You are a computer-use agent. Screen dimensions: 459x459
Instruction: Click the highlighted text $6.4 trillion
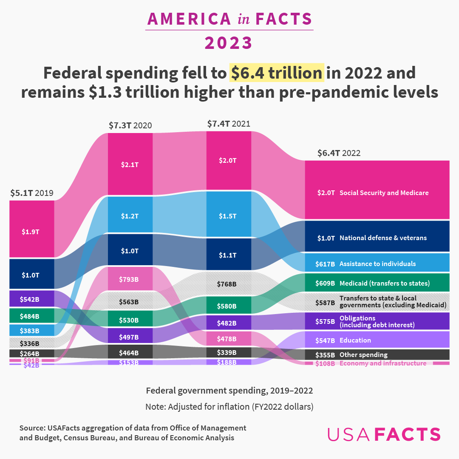coord(277,73)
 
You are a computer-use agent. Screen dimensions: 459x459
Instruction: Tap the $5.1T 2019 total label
coord(32,193)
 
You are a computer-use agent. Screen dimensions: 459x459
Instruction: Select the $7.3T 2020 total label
coord(130,125)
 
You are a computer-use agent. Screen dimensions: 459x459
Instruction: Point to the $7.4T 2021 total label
coord(229,124)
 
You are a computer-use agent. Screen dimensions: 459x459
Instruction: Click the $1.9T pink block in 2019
coord(32,232)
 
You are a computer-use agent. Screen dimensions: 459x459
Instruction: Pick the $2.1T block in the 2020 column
coord(130,164)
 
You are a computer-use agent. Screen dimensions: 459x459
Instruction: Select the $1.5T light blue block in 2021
coord(229,216)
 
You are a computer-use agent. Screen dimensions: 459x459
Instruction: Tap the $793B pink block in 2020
coord(130,279)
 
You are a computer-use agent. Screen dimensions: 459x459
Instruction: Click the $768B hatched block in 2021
coord(229,283)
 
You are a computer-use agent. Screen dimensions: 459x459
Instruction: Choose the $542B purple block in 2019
coord(32,299)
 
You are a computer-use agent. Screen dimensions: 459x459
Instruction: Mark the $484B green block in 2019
coord(32,316)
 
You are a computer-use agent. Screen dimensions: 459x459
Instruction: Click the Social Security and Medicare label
coord(384,193)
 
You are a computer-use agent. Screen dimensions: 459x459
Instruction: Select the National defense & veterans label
coord(383,238)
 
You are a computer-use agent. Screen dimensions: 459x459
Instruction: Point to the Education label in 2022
coord(355,340)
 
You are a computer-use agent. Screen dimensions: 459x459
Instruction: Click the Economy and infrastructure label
coord(382,363)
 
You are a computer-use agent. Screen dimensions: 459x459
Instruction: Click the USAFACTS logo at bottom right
coord(384,434)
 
